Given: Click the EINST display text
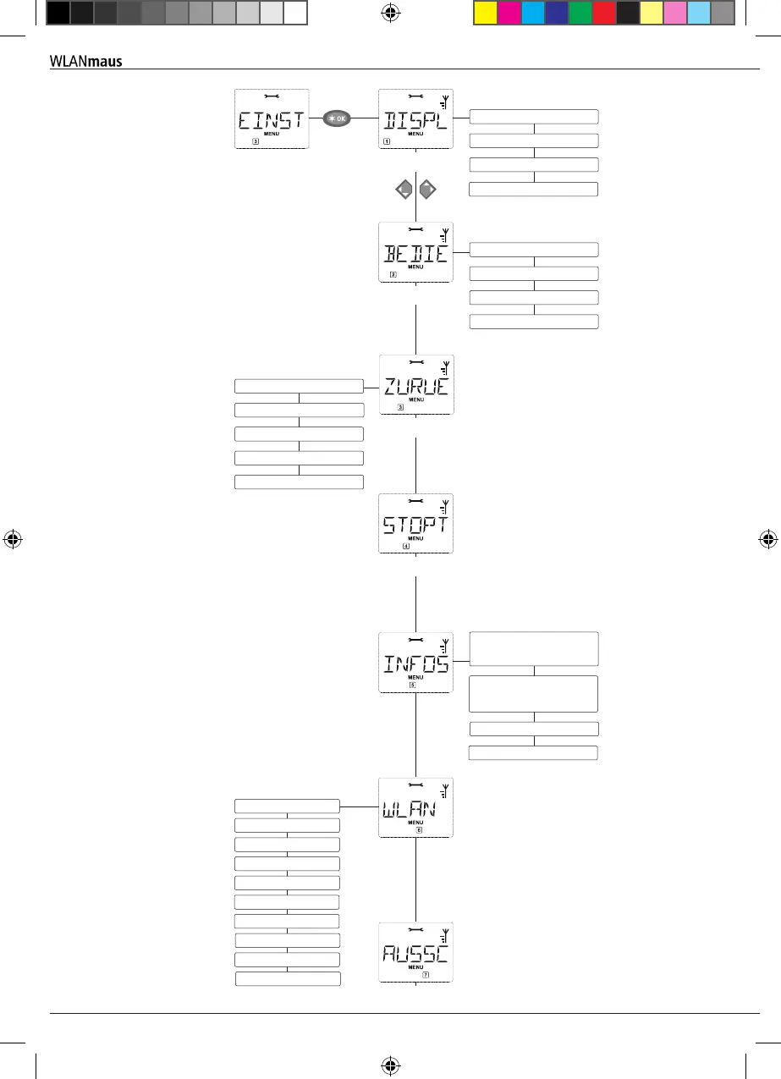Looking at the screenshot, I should pyautogui.click(x=271, y=121).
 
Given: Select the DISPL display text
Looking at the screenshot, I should pyautogui.click(x=415, y=121).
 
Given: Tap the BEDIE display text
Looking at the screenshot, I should pyautogui.click(x=415, y=254).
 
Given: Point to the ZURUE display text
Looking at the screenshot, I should pyautogui.click(x=415, y=387).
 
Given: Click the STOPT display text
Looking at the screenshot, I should pyautogui.click(x=415, y=526).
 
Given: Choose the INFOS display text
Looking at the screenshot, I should pyautogui.click(x=415, y=664).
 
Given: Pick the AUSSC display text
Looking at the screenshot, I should pyautogui.click(x=415, y=954).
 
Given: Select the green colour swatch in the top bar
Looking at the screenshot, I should pyautogui.click(x=580, y=13).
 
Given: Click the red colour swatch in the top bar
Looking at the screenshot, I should pyautogui.click(x=604, y=13).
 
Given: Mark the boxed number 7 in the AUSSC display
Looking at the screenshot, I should pyautogui.click(x=426, y=974).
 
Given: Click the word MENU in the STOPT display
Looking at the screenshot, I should pyautogui.click(x=415, y=538).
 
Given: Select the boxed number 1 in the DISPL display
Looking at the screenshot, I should pyautogui.click(x=387, y=142).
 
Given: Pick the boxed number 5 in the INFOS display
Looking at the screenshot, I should pyautogui.click(x=412, y=685).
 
